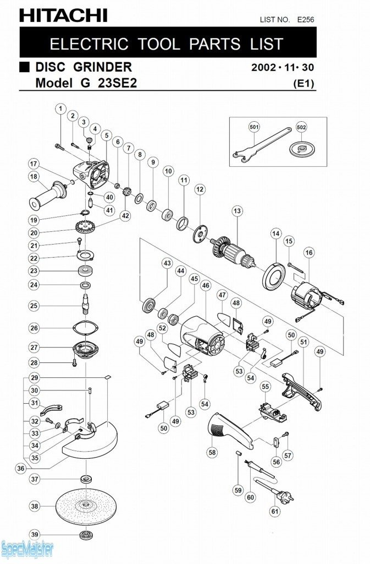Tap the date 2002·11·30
283,68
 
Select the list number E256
305,20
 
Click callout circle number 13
237,211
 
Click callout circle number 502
301,127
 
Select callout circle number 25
34,305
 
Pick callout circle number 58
212,452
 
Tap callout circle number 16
309,252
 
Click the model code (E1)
304,84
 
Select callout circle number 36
20,468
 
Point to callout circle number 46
206,286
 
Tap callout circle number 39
34,535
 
